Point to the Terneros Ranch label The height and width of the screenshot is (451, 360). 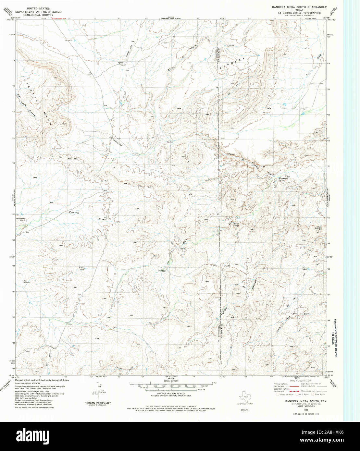(120, 63)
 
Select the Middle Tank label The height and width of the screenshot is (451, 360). (81, 268)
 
